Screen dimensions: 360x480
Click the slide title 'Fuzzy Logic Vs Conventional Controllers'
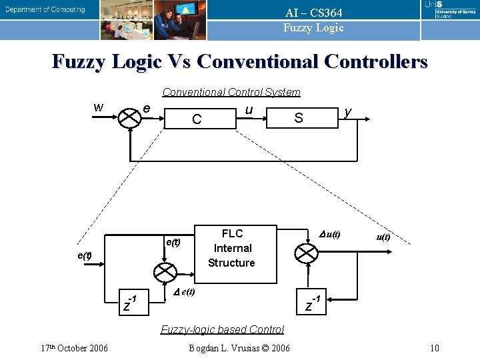(x=240, y=62)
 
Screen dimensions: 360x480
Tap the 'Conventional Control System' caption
(x=231, y=92)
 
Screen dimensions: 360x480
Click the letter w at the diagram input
(x=98, y=107)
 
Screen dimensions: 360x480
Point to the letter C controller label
(x=197, y=120)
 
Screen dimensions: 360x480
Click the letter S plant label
(x=299, y=119)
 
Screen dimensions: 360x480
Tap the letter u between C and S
(x=248, y=108)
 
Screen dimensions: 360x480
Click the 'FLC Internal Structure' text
(x=231, y=248)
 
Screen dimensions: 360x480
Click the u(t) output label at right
(x=383, y=237)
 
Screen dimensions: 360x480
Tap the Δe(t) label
(x=184, y=292)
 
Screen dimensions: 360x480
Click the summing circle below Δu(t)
(x=307, y=253)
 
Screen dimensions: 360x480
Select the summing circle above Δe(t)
(x=164, y=271)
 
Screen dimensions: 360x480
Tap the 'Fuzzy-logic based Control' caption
(x=222, y=329)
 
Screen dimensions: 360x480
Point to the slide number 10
(x=435, y=347)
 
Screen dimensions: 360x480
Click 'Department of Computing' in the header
(x=45, y=9)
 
